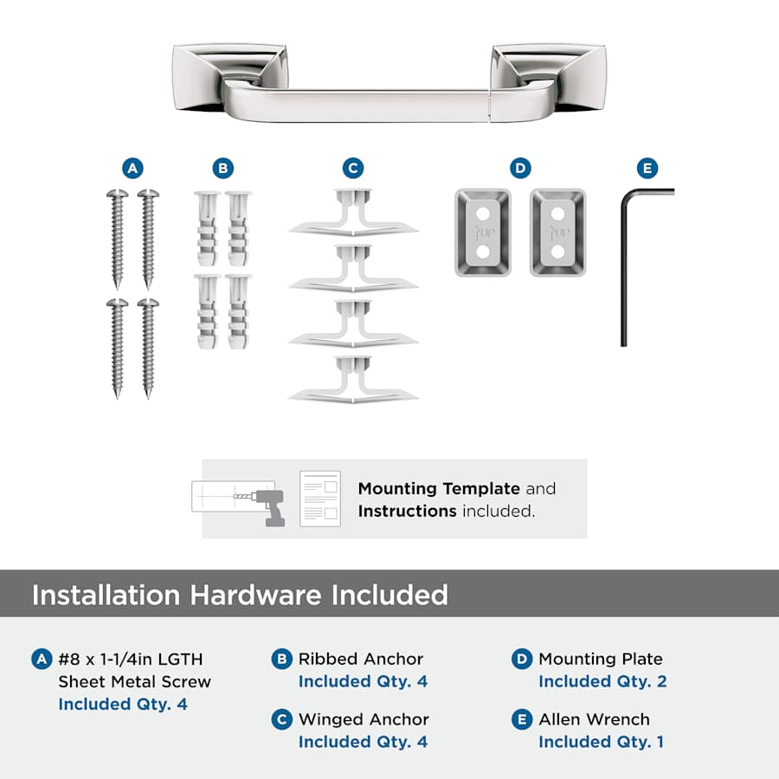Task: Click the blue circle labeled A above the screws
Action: click(x=132, y=169)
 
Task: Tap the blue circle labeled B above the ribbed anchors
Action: click(x=223, y=169)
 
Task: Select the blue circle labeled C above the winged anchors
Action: click(x=353, y=169)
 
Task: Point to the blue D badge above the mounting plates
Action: click(x=521, y=169)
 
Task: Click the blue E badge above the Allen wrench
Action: click(x=647, y=169)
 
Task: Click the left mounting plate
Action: click(x=483, y=233)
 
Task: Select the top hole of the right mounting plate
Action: click(x=558, y=214)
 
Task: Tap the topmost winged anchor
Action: click(x=353, y=212)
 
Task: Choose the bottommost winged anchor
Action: click(x=353, y=380)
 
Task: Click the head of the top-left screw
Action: click(x=117, y=194)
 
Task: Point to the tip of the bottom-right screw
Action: click(x=147, y=397)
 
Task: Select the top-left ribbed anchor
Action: click(x=207, y=228)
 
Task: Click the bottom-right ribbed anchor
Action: click(x=239, y=311)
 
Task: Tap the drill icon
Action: click(x=267, y=505)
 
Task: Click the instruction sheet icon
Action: click(x=320, y=499)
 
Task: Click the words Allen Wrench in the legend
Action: click(x=594, y=719)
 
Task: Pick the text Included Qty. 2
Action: click(x=602, y=682)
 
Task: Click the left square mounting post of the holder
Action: click(x=229, y=77)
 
